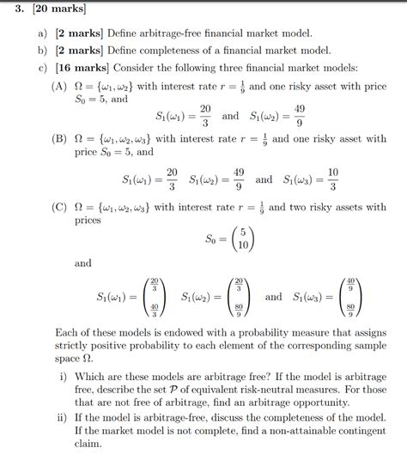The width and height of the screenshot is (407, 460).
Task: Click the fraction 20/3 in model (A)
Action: pyautogui.click(x=205, y=114)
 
